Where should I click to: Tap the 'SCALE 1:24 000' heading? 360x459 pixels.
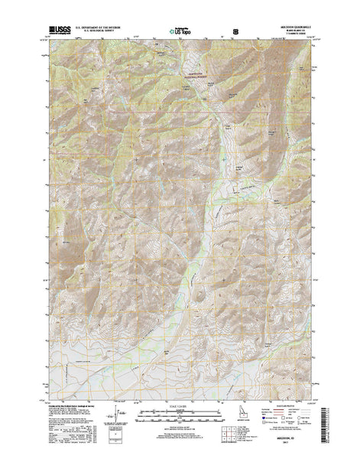coord(180,408)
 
